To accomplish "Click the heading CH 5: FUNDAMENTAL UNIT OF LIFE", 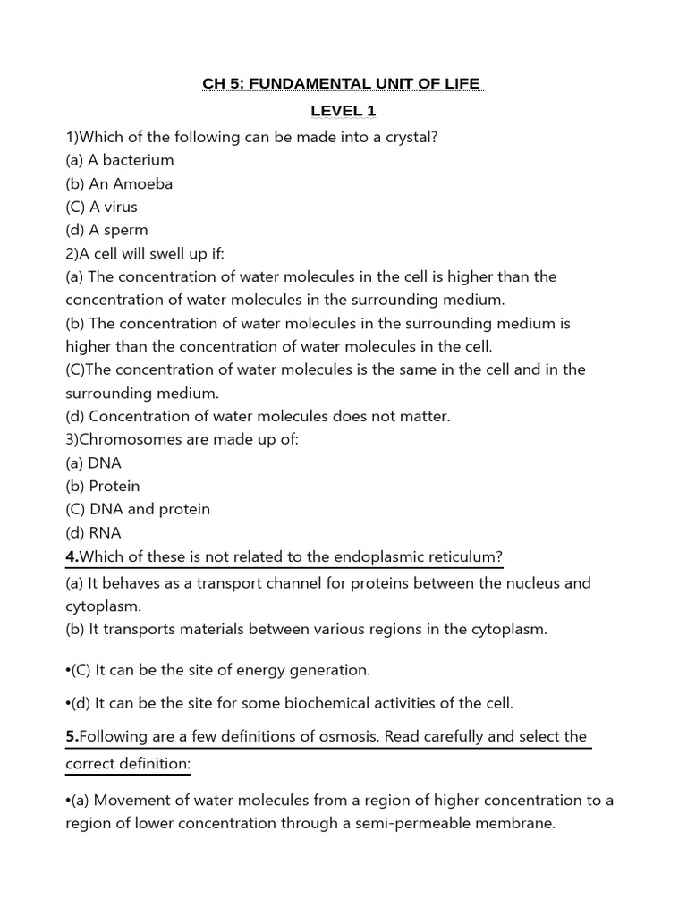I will pos(343,84).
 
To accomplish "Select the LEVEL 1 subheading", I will pos(343,111).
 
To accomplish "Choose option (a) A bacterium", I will pos(120,160).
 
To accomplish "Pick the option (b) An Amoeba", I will pos(119,183).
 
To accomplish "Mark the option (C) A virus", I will pos(102,207).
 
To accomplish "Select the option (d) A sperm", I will pos(106,230).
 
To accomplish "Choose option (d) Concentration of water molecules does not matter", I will pos(258,416).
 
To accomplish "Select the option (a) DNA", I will pos(94,462).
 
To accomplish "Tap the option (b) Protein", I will pos(103,486).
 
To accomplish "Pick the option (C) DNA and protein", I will pos(138,509).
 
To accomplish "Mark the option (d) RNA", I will pos(93,532).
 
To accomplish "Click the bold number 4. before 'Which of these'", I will pos(72,556).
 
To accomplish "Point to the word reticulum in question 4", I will pos(465,556).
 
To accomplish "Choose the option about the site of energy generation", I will pos(220,669).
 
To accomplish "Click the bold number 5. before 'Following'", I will pos(72,736).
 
